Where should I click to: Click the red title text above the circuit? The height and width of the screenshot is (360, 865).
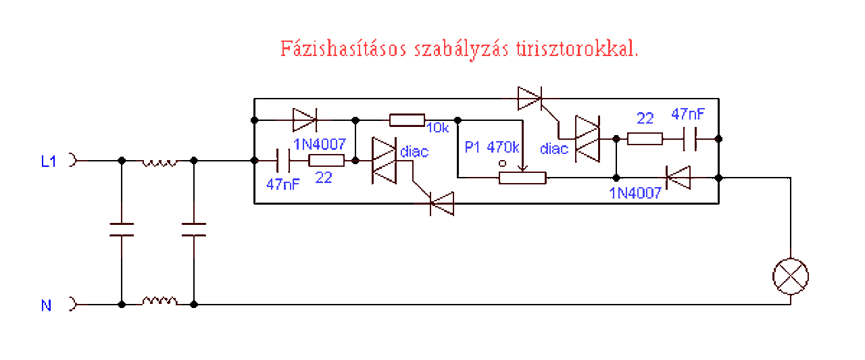click(x=459, y=49)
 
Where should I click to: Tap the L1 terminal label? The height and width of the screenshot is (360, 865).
click(x=49, y=161)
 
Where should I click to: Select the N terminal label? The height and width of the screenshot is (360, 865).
click(x=46, y=305)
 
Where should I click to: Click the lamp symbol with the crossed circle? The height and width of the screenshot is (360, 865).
click(x=791, y=276)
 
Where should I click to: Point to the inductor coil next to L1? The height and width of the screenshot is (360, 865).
click(x=158, y=163)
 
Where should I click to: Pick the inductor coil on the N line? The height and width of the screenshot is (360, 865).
click(x=158, y=301)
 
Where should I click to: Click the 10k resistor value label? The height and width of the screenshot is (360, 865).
click(x=437, y=128)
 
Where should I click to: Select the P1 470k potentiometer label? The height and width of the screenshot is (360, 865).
click(x=492, y=147)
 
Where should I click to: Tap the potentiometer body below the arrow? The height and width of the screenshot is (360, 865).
click(x=522, y=178)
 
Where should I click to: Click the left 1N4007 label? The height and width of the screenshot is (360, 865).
click(x=320, y=144)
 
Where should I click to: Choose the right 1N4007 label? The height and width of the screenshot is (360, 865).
click(x=635, y=193)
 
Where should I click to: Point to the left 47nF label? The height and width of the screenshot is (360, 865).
click(x=282, y=184)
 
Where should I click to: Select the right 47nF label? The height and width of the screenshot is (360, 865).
click(x=688, y=114)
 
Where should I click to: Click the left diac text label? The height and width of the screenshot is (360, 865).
click(x=414, y=151)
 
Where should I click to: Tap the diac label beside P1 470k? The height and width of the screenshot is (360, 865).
click(x=554, y=149)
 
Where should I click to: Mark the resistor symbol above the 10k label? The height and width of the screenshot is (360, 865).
click(x=407, y=120)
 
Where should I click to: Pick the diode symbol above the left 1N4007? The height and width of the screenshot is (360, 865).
click(x=303, y=120)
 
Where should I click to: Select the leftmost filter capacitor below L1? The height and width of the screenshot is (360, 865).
click(x=122, y=230)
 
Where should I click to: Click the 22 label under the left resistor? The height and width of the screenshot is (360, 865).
click(x=324, y=178)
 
